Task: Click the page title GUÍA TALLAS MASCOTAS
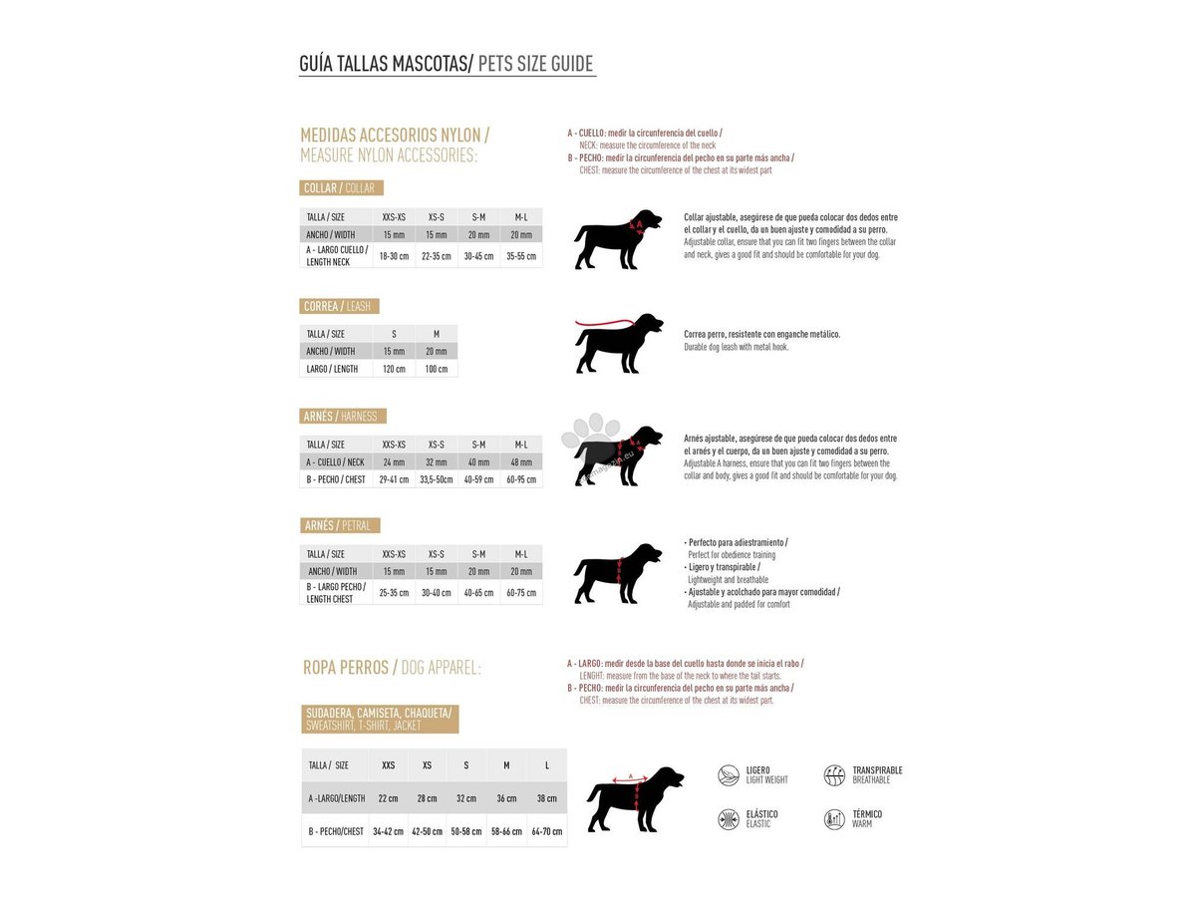tap(384, 65)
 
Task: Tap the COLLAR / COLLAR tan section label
tap(341, 188)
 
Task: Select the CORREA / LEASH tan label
tap(339, 307)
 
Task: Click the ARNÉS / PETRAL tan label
tap(340, 525)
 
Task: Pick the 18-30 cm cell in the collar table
tap(394, 255)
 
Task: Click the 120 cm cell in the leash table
tap(394, 369)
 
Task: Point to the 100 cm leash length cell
tap(437, 369)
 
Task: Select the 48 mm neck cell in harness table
tap(521, 462)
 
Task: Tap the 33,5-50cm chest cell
tap(437, 479)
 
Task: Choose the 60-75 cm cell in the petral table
tap(521, 593)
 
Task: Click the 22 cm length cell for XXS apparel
tap(388, 798)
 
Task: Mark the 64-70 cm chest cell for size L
tap(546, 831)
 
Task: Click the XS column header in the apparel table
tap(427, 765)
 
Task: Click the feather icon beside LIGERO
tap(729, 774)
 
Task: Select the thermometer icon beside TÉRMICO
tap(834, 819)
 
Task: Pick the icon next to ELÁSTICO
tap(729, 819)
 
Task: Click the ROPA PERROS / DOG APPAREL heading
tap(392, 668)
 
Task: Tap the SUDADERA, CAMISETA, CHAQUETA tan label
tap(379, 719)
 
